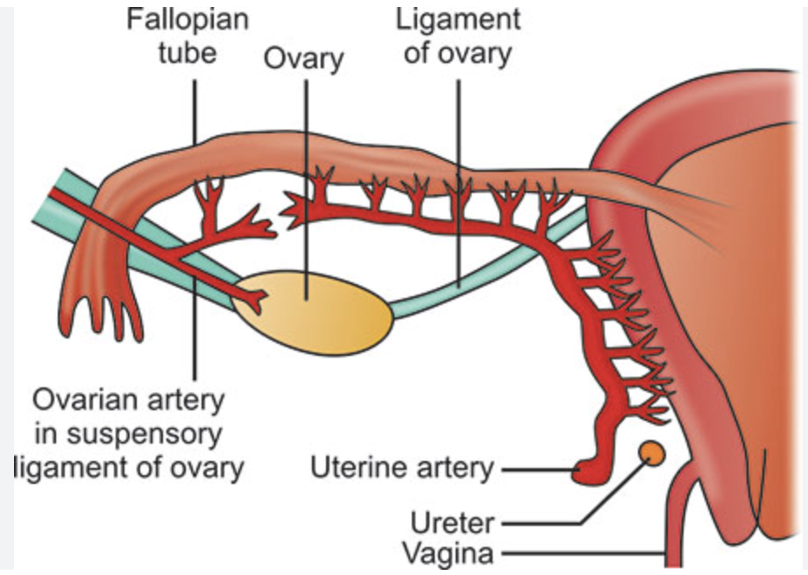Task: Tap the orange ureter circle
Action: click(650, 453)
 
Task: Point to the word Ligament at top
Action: click(458, 18)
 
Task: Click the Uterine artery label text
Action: click(402, 468)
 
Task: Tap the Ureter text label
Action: click(452, 524)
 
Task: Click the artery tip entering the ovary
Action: click(253, 300)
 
